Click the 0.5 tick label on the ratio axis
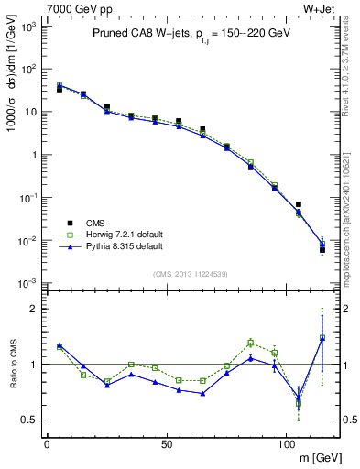coord(29,420)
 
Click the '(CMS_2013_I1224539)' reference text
coord(190,273)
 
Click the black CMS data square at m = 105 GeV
coord(299,204)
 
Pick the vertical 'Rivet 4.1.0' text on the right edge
coord(351,78)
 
